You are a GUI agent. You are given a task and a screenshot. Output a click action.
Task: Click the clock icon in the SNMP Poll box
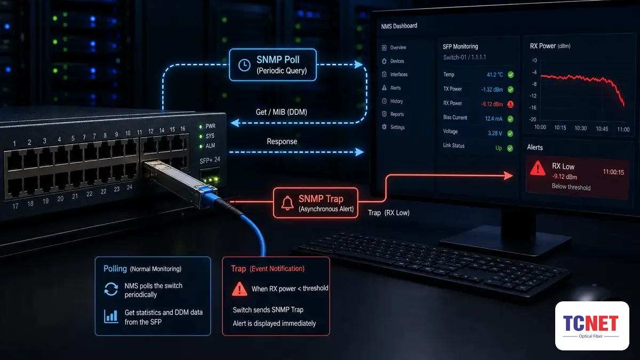pos(244,65)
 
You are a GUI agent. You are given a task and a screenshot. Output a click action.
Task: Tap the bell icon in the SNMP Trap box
pos(287,203)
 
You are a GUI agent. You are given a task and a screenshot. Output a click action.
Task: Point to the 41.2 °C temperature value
pos(494,75)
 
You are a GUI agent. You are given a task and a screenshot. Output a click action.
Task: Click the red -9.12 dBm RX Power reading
pos(492,104)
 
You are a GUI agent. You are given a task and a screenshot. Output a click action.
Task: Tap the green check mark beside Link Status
pos(510,148)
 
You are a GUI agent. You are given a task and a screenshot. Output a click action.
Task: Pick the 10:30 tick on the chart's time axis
pos(581,129)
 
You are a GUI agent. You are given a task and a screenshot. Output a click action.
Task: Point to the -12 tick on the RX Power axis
pos(533,95)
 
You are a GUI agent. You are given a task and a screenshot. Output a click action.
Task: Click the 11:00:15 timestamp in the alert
pos(613,172)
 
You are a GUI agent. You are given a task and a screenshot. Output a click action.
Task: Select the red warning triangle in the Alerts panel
pos(538,168)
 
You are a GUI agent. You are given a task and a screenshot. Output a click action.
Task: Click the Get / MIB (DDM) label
pos(282,112)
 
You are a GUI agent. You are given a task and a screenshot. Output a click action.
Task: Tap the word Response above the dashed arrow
pos(282,141)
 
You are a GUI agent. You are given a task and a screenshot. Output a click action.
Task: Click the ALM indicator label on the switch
pos(210,146)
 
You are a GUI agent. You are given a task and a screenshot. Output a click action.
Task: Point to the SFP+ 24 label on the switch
pos(210,161)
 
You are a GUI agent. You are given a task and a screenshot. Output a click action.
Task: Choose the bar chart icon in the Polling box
pos(111,316)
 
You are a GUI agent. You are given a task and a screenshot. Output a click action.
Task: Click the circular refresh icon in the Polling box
pos(111,289)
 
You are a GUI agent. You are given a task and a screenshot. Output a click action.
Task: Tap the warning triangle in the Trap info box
pos(239,289)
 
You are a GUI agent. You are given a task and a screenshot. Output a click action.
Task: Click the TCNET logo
pos(592,326)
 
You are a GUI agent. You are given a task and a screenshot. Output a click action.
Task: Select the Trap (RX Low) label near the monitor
pos(389,213)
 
